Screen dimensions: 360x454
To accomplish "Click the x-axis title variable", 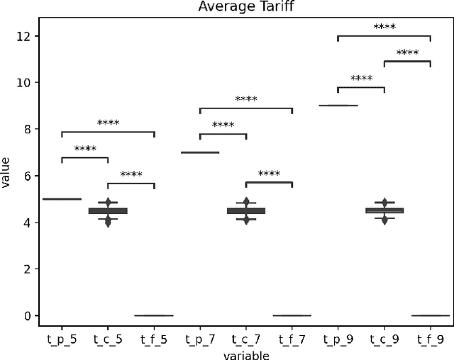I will [245, 354].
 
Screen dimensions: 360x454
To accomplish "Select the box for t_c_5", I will [108, 210].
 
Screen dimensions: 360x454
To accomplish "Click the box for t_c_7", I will [246, 210].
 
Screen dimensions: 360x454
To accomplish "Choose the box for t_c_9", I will [384, 210].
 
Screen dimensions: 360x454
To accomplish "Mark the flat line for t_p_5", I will [62, 199].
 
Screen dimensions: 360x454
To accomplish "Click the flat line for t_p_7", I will [200, 152].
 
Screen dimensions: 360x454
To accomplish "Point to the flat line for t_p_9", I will [338, 106].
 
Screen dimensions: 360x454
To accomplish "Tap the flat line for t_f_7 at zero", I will [292, 315].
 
